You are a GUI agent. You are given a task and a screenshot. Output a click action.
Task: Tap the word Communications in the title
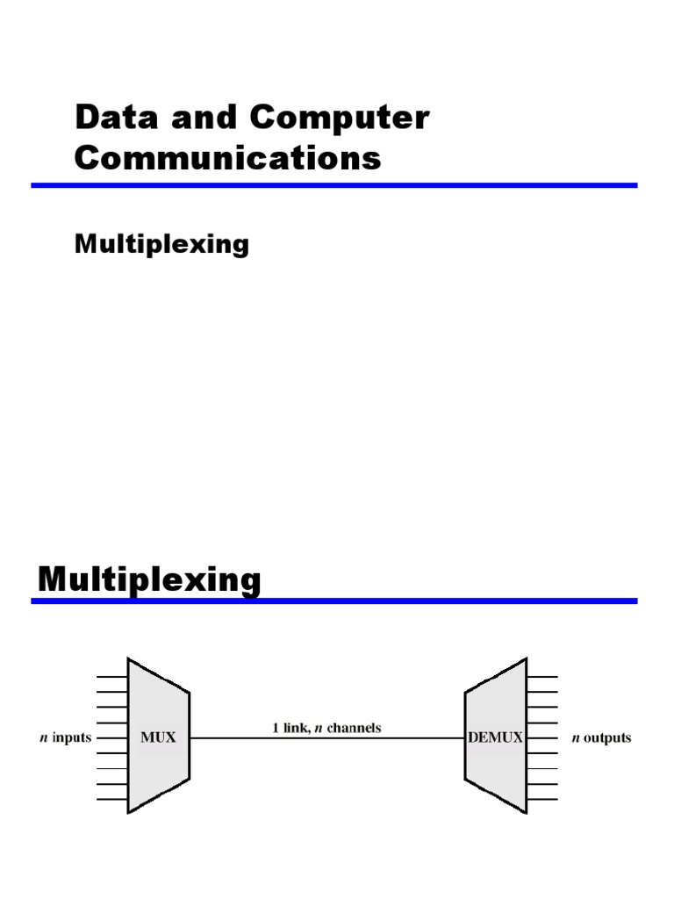click(x=228, y=159)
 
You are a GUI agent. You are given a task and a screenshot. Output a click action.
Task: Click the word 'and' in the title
click(x=201, y=119)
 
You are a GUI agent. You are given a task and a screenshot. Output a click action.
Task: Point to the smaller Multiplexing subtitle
click(x=161, y=243)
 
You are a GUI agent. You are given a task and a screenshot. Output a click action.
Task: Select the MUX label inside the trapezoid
click(x=158, y=737)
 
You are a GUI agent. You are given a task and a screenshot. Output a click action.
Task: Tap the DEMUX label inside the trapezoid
click(x=496, y=737)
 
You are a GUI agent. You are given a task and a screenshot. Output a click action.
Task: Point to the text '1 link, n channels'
click(x=326, y=727)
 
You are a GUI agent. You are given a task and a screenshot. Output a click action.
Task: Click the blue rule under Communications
click(x=333, y=185)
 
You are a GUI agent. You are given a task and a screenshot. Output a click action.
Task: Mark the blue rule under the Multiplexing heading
click(x=333, y=601)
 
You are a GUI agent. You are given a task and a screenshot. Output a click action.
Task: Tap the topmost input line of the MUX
click(x=111, y=677)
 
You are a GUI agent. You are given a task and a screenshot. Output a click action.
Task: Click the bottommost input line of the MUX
click(x=111, y=799)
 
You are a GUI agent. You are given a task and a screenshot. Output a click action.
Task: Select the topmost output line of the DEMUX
click(x=542, y=677)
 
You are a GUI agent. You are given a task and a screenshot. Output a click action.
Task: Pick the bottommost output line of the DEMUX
click(x=542, y=799)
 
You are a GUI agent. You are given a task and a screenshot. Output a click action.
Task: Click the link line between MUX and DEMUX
click(x=326, y=738)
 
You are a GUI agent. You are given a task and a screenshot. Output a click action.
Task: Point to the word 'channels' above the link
click(x=355, y=727)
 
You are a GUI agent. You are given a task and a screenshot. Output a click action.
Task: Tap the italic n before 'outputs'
click(x=575, y=737)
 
